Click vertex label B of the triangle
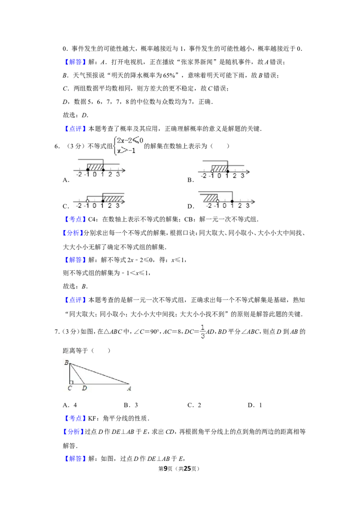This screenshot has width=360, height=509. coord(66,362)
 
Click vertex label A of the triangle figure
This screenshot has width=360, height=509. coord(129,388)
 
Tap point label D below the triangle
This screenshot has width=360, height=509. coord(85,388)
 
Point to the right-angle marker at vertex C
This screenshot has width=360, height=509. coord(71,382)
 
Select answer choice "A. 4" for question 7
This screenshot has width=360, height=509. coord(70,405)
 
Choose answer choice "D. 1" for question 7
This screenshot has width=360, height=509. coord(255,405)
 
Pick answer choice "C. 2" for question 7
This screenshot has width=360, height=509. coord(194,405)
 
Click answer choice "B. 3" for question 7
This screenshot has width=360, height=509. coord(131,405)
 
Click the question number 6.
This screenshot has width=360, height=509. coord(57,147)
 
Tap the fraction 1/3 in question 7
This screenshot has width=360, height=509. coord(203,331)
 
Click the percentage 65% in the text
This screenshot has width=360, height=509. coord(169,75)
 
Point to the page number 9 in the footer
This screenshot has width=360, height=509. coord(166,469)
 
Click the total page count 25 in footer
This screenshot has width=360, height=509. coord(187,469)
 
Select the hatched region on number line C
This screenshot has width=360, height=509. coord(113,198)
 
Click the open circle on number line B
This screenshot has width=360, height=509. coord(212,171)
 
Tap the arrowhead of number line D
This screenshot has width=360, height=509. coord(253,201)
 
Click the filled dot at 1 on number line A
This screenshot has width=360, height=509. coord(103,170)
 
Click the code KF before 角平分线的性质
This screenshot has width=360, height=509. coord(92,419)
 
